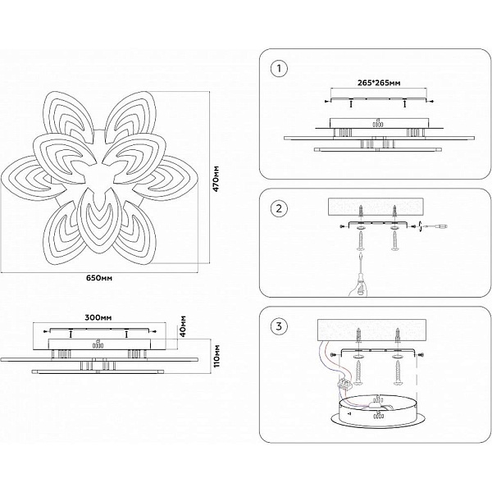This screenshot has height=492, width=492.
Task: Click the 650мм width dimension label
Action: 99,278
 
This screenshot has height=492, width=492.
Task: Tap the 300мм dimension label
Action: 98,317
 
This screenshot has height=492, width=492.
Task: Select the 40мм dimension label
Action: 183,326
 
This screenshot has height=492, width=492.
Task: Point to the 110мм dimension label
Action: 216,356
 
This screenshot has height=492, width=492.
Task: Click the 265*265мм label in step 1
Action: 379,83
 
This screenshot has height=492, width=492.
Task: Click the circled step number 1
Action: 279,69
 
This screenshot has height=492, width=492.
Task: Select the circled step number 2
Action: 279,208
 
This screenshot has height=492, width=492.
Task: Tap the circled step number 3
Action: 279,326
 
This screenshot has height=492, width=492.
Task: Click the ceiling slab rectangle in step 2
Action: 376,207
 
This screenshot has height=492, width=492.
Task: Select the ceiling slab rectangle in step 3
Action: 371,330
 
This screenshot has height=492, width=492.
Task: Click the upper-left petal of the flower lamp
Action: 67,116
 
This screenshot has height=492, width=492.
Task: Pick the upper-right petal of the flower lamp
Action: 131,117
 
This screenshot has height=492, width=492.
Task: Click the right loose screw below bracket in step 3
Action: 398,373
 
